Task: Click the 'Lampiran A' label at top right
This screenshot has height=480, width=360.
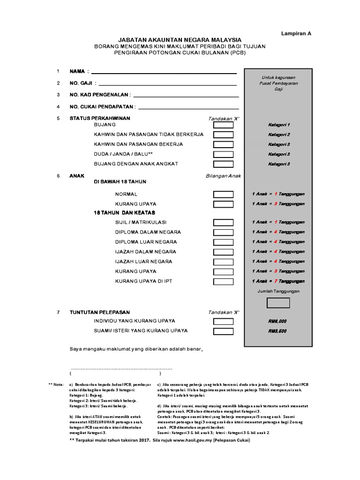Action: pos(296,34)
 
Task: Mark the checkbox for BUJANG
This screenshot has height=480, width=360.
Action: pos(223,125)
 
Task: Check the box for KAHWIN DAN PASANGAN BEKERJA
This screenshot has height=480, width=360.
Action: pos(223,144)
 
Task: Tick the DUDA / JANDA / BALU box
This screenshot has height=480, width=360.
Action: pos(223,154)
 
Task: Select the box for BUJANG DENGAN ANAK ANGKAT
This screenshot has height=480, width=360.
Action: pos(223,164)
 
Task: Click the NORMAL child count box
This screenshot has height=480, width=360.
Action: pos(223,194)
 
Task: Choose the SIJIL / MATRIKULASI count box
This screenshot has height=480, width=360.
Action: pos(223,222)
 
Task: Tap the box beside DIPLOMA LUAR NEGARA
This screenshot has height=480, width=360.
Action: pos(223,242)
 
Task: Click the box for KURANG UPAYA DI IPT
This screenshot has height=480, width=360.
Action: pos(223,281)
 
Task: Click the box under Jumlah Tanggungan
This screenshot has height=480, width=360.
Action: pos(278,303)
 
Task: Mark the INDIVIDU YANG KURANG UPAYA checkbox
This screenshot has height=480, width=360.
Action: pos(223,321)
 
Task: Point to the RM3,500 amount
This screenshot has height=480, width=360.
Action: pos(277,331)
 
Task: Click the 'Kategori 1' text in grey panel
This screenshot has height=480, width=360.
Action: pos(279,125)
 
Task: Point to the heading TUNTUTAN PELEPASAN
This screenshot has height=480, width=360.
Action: pos(100,312)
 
